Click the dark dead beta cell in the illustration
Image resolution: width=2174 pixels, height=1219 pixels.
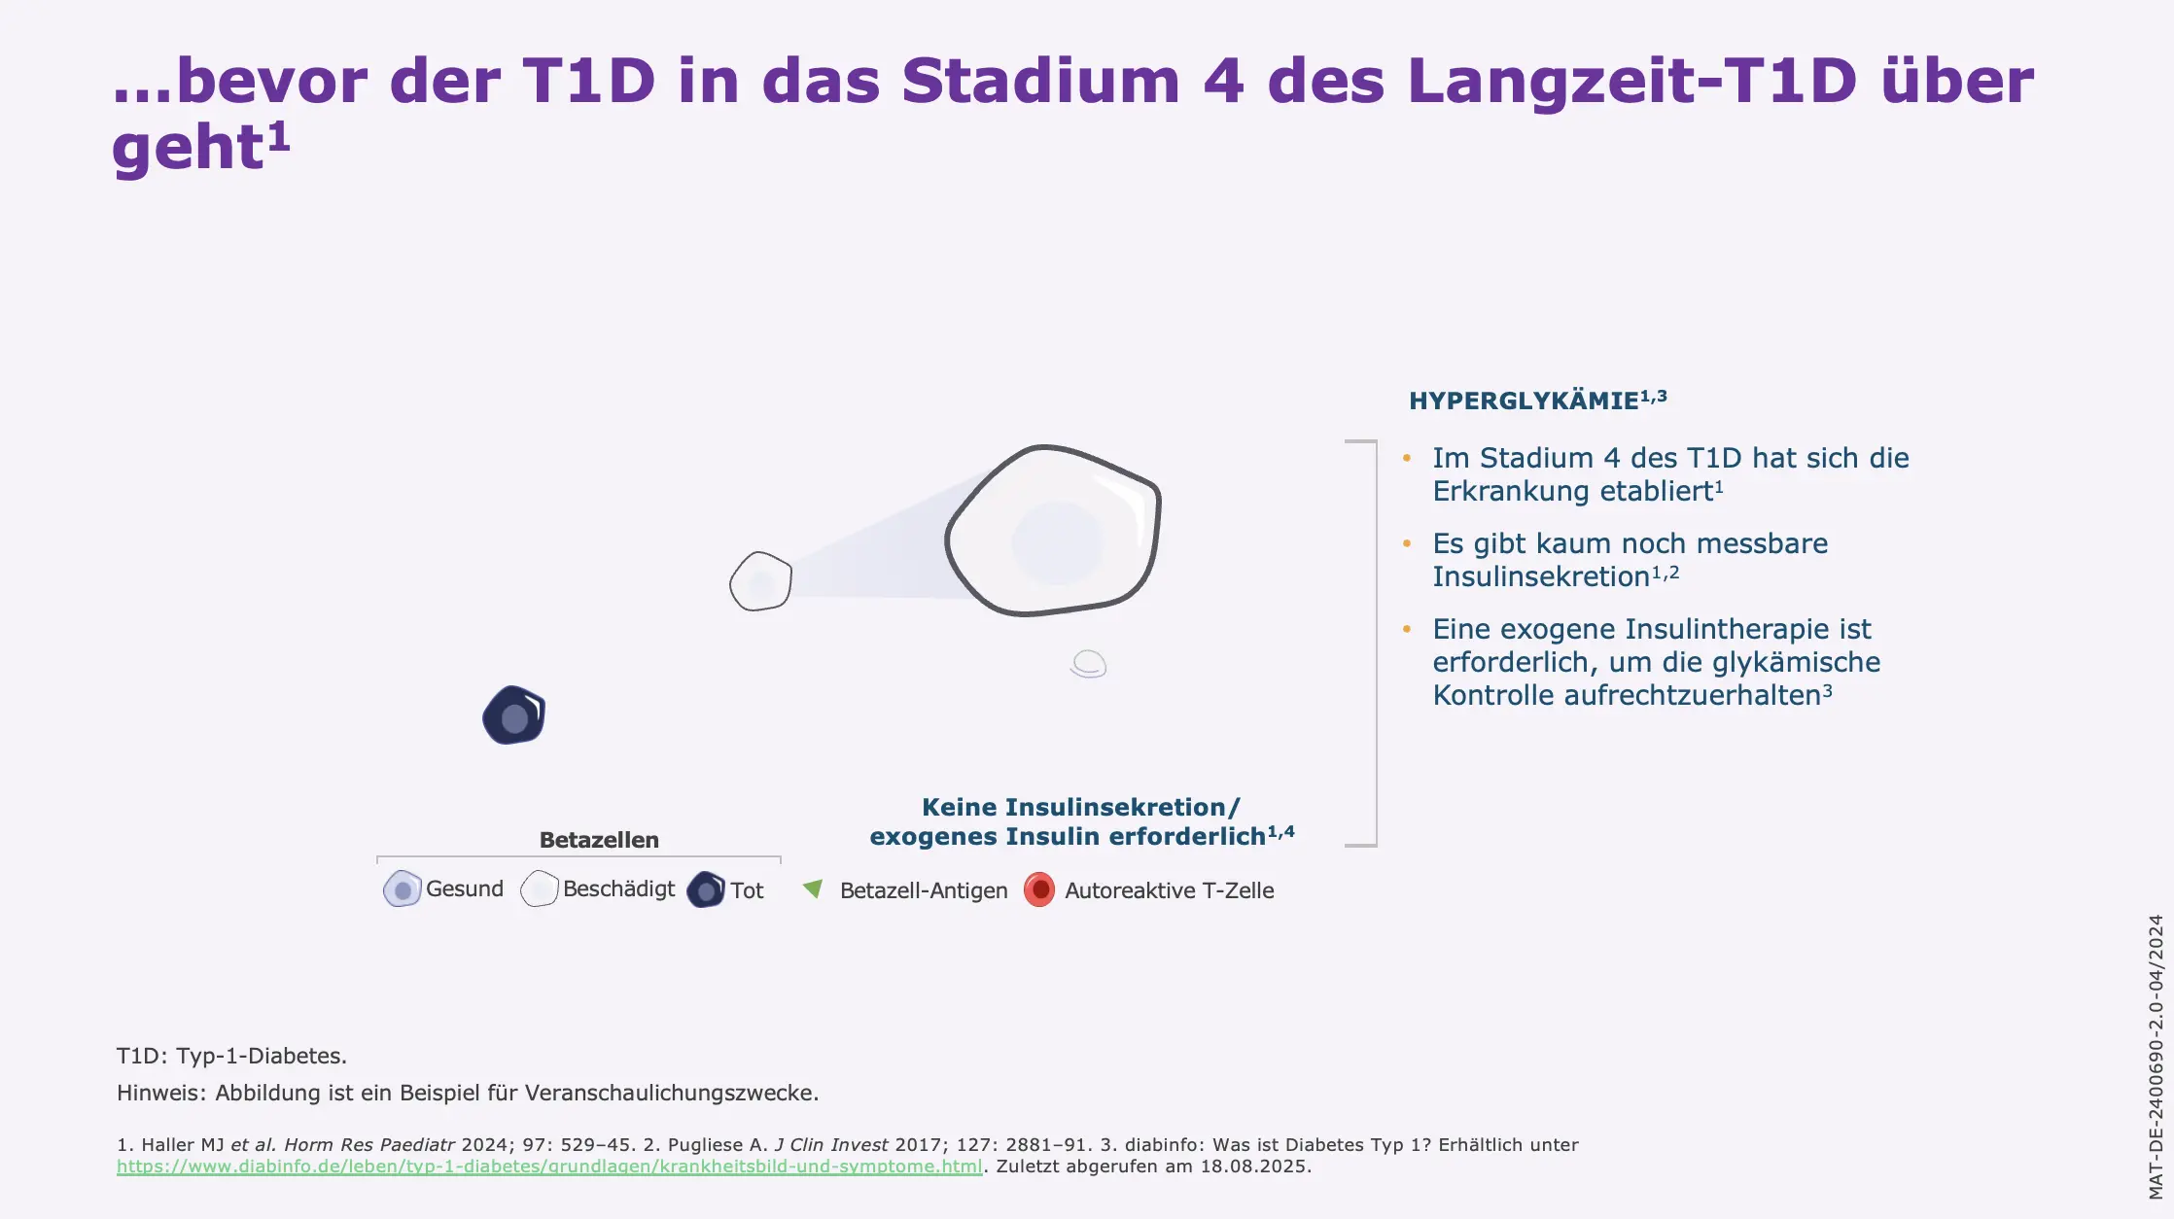coord(514,715)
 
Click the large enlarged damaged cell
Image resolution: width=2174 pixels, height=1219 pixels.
coord(1055,533)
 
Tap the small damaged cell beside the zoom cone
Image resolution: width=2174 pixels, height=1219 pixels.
coord(760,581)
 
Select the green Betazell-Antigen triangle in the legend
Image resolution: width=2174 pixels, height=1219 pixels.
coord(813,888)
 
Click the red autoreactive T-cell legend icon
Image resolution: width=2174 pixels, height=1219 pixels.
coord(1039,889)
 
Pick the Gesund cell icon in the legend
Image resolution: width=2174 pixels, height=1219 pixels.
coord(402,888)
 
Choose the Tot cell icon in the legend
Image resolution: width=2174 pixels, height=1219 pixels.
coord(706,889)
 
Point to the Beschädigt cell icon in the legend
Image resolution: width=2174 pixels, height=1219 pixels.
coord(540,888)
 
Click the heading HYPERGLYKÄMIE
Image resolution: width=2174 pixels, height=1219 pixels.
coord(1524,401)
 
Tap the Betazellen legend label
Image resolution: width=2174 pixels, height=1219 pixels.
coord(599,840)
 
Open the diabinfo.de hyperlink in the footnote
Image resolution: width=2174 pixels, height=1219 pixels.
coord(549,1167)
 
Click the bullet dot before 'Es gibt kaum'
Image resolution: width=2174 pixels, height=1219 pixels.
coord(1407,543)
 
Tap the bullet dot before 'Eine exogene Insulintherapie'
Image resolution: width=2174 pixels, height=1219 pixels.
coord(1407,629)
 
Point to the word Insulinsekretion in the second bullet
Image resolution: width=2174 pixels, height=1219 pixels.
coord(1540,576)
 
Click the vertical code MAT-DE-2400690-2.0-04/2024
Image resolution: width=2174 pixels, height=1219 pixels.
coord(2156,1057)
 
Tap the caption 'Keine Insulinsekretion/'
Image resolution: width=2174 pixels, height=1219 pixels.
coord(1080,807)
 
